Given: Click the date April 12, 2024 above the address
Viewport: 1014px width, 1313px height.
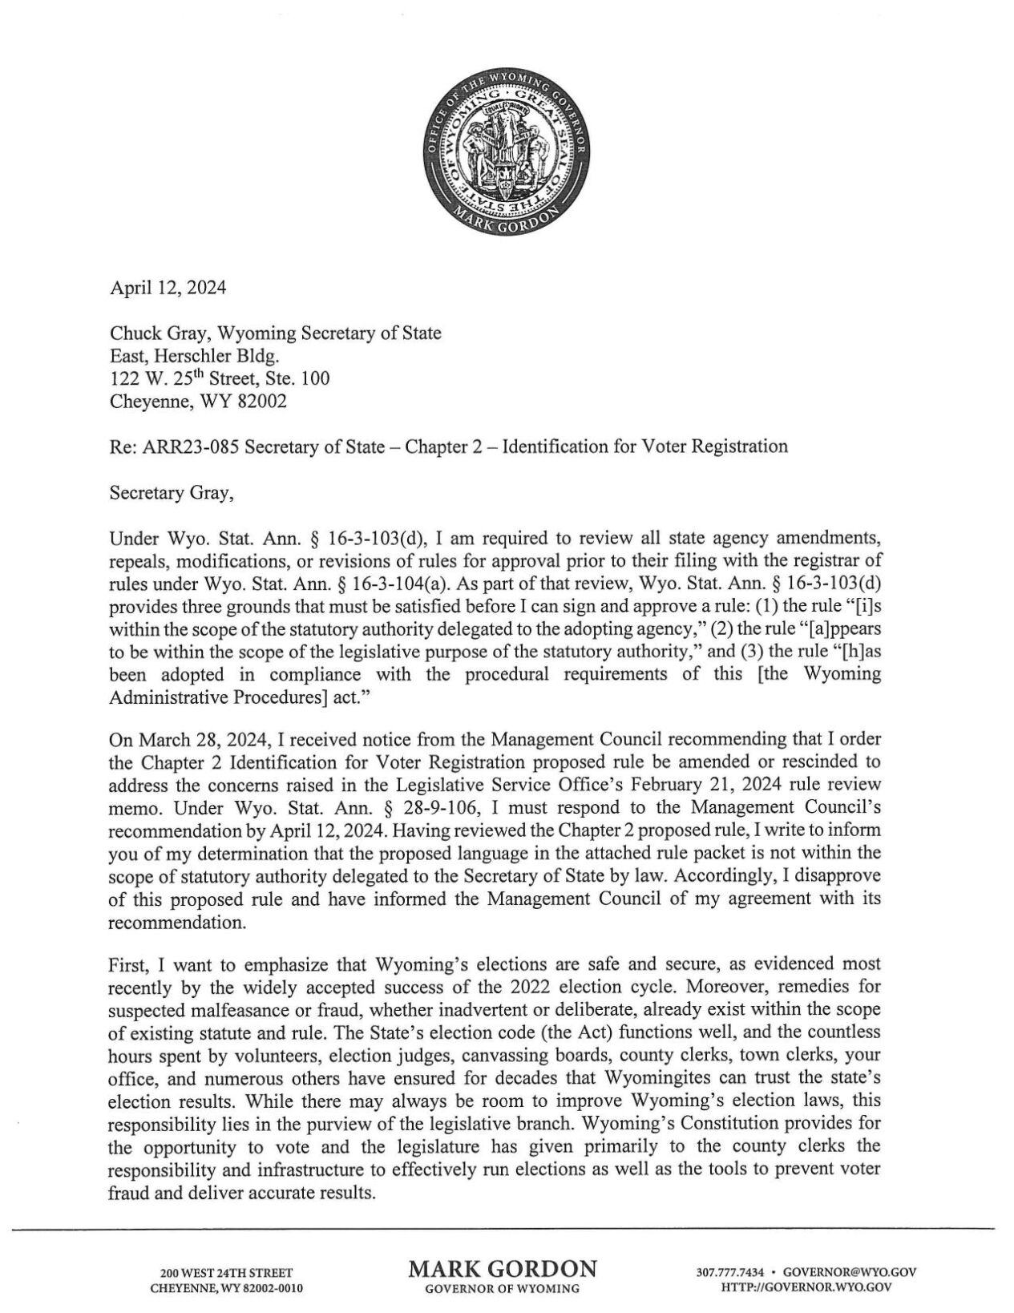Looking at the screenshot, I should click(167, 289).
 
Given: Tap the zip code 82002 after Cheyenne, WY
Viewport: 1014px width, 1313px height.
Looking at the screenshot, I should click(261, 401).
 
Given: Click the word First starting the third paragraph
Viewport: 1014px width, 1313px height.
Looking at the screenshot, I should click(125, 963).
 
